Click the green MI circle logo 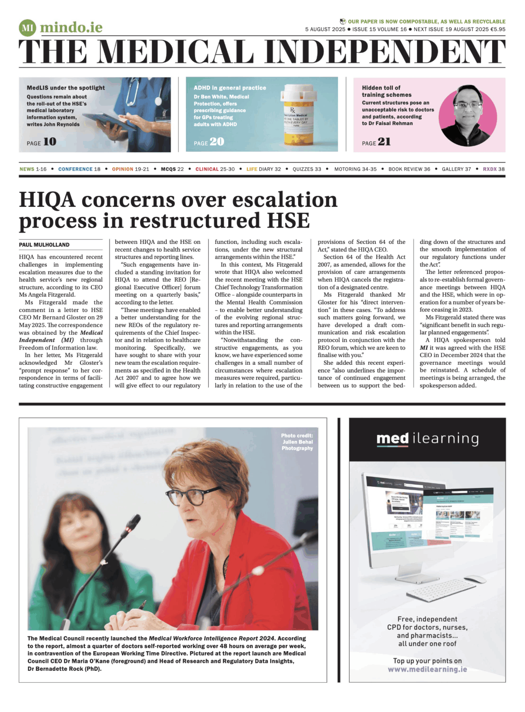[x=27, y=28]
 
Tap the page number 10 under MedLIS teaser [x=50, y=142]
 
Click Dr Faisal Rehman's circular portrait [x=467, y=116]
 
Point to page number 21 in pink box [x=384, y=142]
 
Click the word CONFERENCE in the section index [x=75, y=169]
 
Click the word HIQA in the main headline [x=47, y=200]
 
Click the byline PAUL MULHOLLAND [x=44, y=245]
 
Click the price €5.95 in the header [x=498, y=29]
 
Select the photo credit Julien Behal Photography [x=297, y=442]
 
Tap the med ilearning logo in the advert [x=427, y=439]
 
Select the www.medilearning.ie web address [x=427, y=669]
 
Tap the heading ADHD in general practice [x=230, y=88]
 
